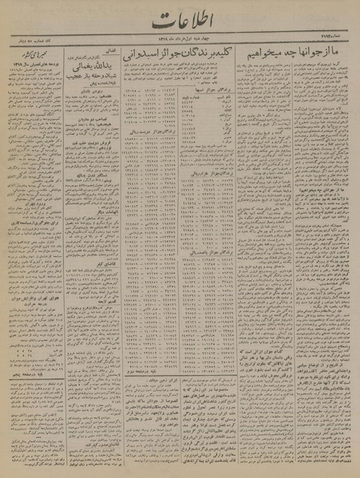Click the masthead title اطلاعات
(180, 25)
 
